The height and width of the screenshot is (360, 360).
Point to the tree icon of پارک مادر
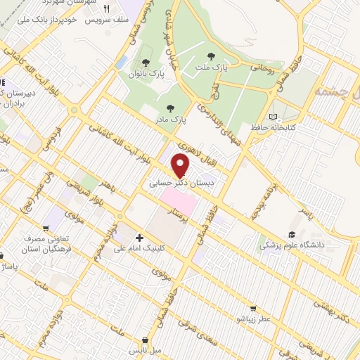tap(169, 108)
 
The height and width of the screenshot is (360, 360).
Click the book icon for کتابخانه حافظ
tap(273, 117)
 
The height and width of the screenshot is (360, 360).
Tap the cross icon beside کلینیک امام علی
tap(140, 238)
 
